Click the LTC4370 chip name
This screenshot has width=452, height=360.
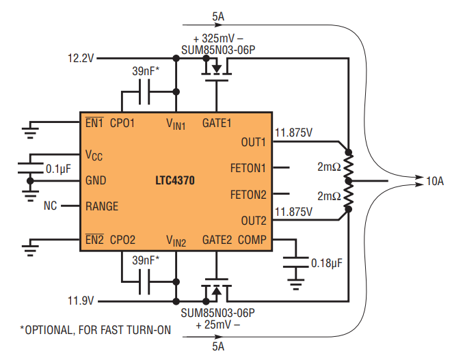[174, 182]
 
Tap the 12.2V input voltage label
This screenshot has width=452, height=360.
[81, 59]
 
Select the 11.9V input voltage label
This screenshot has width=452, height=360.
[81, 301]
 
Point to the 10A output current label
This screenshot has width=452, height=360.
[435, 182]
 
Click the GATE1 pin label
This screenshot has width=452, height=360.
[217, 124]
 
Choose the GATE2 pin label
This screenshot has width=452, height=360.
[217, 240]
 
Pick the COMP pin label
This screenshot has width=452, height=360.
[253, 240]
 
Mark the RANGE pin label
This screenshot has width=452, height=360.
[102, 206]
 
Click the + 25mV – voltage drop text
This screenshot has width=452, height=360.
[217, 324]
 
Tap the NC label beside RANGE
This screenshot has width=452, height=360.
[50, 206]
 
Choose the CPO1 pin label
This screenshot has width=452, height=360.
[122, 124]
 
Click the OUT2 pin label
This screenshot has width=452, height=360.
[253, 221]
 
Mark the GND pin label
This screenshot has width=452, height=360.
[96, 181]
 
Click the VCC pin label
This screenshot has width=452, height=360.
[94, 156]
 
